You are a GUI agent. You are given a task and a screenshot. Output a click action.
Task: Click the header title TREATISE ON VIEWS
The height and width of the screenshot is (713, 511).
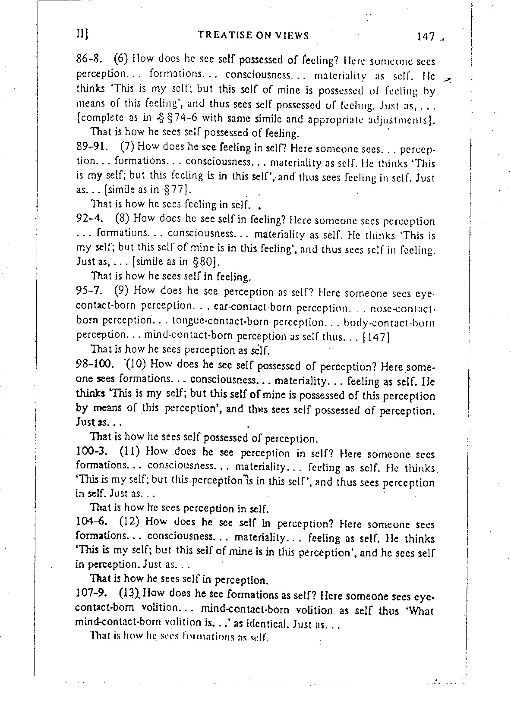tap(253, 35)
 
